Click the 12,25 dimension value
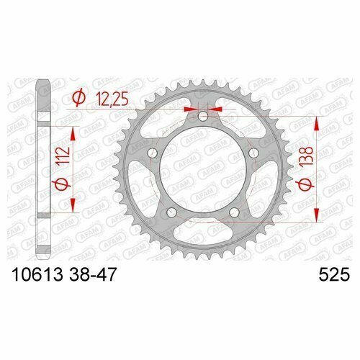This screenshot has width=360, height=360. tap(112, 99)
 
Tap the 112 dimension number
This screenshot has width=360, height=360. tap(63, 156)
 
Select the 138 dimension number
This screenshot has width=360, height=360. tap(306, 156)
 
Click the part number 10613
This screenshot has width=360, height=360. tap(37, 274)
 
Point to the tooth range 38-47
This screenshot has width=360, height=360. tap(93, 274)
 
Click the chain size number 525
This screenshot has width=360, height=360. tap(334, 274)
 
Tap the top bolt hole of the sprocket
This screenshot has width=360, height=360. tap(203, 116)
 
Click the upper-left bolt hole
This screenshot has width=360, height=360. tap(152, 153)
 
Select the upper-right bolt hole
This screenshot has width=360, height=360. tap(253, 153)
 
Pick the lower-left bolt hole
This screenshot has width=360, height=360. tap(171, 212)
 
